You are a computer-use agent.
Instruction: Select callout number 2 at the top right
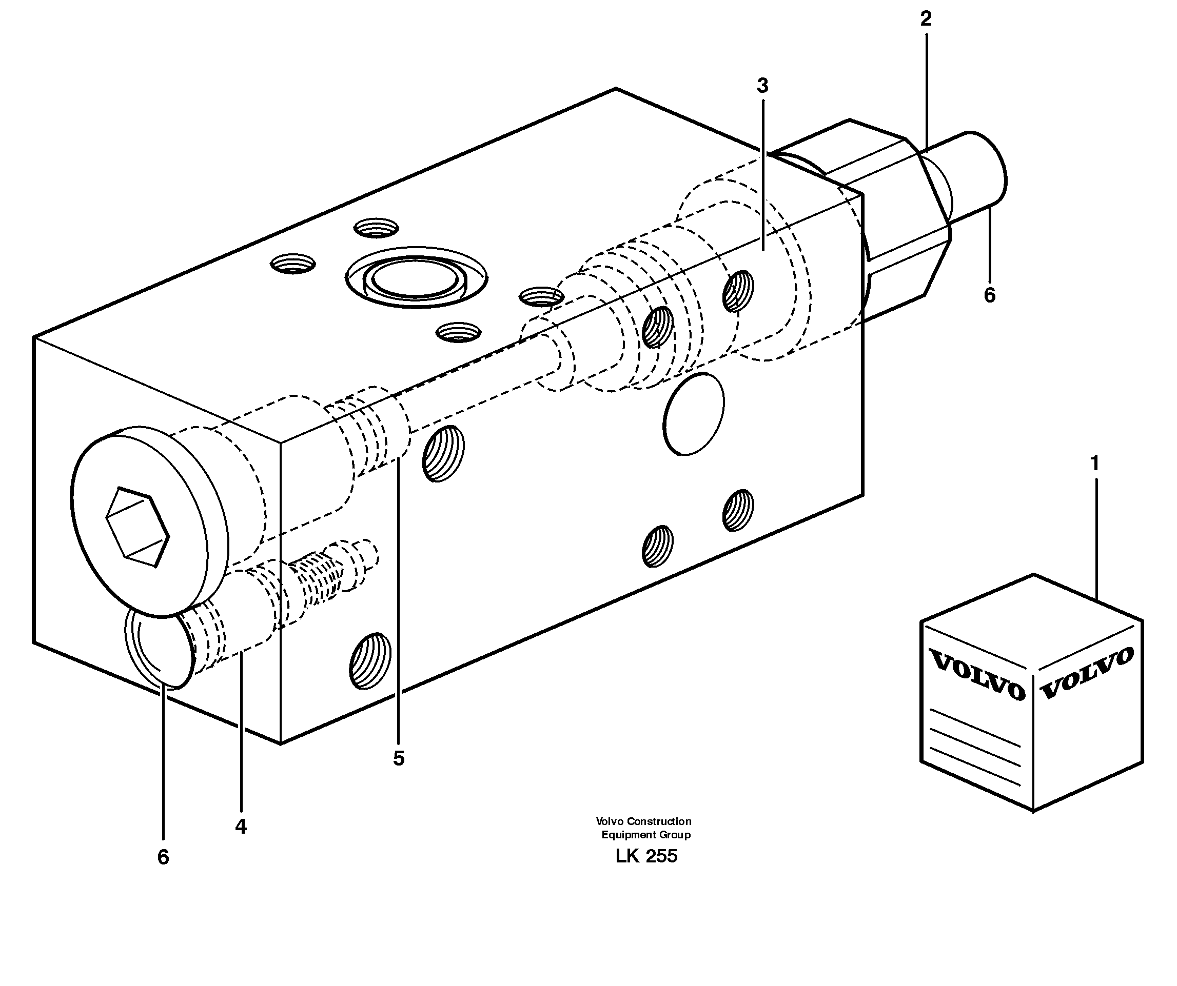pyautogui.click(x=926, y=19)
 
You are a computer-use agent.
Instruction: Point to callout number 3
pyautogui.click(x=762, y=86)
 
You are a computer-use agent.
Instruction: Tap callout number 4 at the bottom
pyautogui.click(x=241, y=827)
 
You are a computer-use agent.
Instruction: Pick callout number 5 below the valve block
pyautogui.click(x=399, y=758)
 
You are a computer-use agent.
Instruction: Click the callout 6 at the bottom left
pyautogui.click(x=163, y=857)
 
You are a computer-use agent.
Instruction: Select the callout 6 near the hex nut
pyautogui.click(x=990, y=295)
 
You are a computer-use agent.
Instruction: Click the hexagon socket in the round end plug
pyautogui.click(x=138, y=527)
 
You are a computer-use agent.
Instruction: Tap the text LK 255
pyautogui.click(x=646, y=856)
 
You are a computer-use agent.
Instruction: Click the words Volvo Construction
pyautogui.click(x=643, y=821)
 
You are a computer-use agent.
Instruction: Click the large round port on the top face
pyautogui.click(x=416, y=277)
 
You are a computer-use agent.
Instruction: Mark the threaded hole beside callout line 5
pyautogui.click(x=443, y=453)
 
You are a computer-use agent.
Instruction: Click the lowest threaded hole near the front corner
pyautogui.click(x=370, y=660)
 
